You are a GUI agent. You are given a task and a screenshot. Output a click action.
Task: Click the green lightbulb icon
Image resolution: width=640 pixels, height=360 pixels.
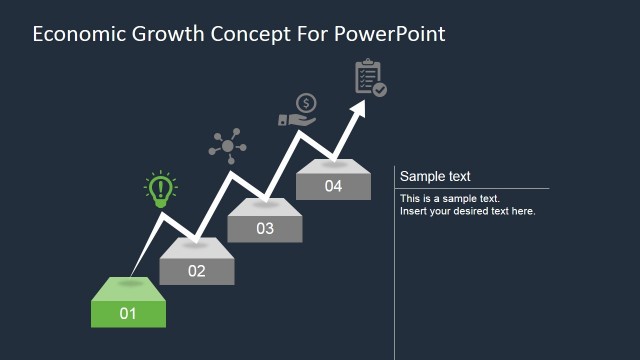(160, 190)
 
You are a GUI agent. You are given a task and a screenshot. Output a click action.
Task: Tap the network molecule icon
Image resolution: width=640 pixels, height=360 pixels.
(227, 146)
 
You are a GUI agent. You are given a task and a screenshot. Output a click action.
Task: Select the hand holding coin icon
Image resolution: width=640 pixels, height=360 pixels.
(297, 111)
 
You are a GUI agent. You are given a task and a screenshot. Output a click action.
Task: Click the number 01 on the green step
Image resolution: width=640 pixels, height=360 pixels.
(128, 314)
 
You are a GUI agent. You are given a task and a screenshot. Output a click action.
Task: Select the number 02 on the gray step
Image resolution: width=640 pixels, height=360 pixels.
(196, 271)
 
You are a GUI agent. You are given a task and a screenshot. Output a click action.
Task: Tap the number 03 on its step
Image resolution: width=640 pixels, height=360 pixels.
(264, 229)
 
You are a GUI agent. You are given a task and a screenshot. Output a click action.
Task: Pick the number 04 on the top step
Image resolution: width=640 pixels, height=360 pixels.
(333, 186)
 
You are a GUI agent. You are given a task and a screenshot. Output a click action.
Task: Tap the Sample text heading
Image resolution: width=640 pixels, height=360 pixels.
(435, 177)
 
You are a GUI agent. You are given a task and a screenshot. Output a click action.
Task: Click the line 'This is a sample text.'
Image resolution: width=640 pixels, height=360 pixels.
(450, 198)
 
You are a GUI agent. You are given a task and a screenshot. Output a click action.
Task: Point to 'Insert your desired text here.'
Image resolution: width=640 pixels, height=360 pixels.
(468, 211)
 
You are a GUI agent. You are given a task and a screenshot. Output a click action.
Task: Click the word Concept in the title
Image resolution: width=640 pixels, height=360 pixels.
(252, 34)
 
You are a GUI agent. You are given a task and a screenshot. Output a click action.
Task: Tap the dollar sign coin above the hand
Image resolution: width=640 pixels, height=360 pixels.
(306, 102)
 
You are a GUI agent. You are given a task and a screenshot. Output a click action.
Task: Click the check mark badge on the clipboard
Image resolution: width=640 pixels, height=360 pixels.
(380, 89)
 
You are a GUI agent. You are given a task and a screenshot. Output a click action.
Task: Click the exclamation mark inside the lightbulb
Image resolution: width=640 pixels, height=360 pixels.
(160, 187)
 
